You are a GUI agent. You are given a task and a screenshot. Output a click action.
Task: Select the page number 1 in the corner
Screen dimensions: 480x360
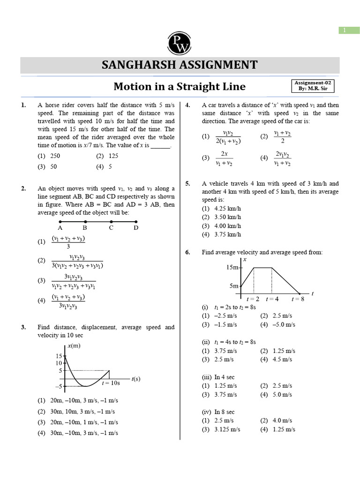[344, 30]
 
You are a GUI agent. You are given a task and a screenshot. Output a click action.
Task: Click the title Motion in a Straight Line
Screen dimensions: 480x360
[180, 87]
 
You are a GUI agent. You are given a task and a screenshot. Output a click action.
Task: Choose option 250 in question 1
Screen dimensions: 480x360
[55, 156]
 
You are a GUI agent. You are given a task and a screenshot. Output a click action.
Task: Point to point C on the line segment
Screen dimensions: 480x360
[111, 228]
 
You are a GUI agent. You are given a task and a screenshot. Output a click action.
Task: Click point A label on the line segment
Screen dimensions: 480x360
[60, 228]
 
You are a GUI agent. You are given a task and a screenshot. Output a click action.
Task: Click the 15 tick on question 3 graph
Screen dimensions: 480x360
[59, 356]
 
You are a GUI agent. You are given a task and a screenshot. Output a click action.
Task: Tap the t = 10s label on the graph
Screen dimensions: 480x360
[111, 383]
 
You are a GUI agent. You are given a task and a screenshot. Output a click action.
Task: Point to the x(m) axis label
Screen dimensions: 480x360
[74, 346]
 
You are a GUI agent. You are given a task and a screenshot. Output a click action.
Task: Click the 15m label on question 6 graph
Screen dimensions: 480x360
[232, 268]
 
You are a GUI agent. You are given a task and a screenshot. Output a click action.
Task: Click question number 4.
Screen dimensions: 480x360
[187, 105]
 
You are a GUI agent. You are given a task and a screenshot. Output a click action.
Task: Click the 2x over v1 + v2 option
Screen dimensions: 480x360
[225, 158]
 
